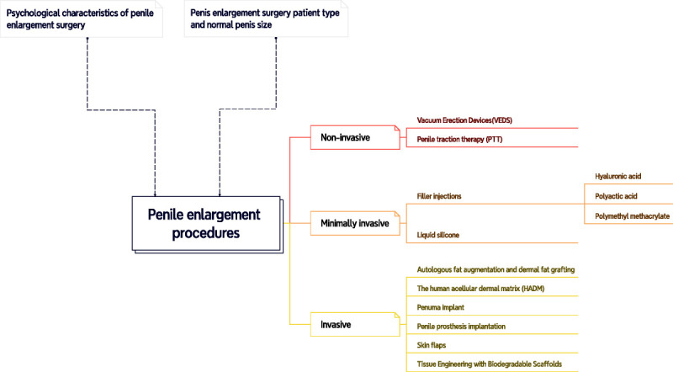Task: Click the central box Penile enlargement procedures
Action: click(204, 223)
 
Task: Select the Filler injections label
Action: click(439, 196)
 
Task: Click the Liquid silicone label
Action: click(437, 235)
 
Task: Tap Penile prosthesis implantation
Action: click(461, 326)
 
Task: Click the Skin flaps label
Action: click(433, 345)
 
